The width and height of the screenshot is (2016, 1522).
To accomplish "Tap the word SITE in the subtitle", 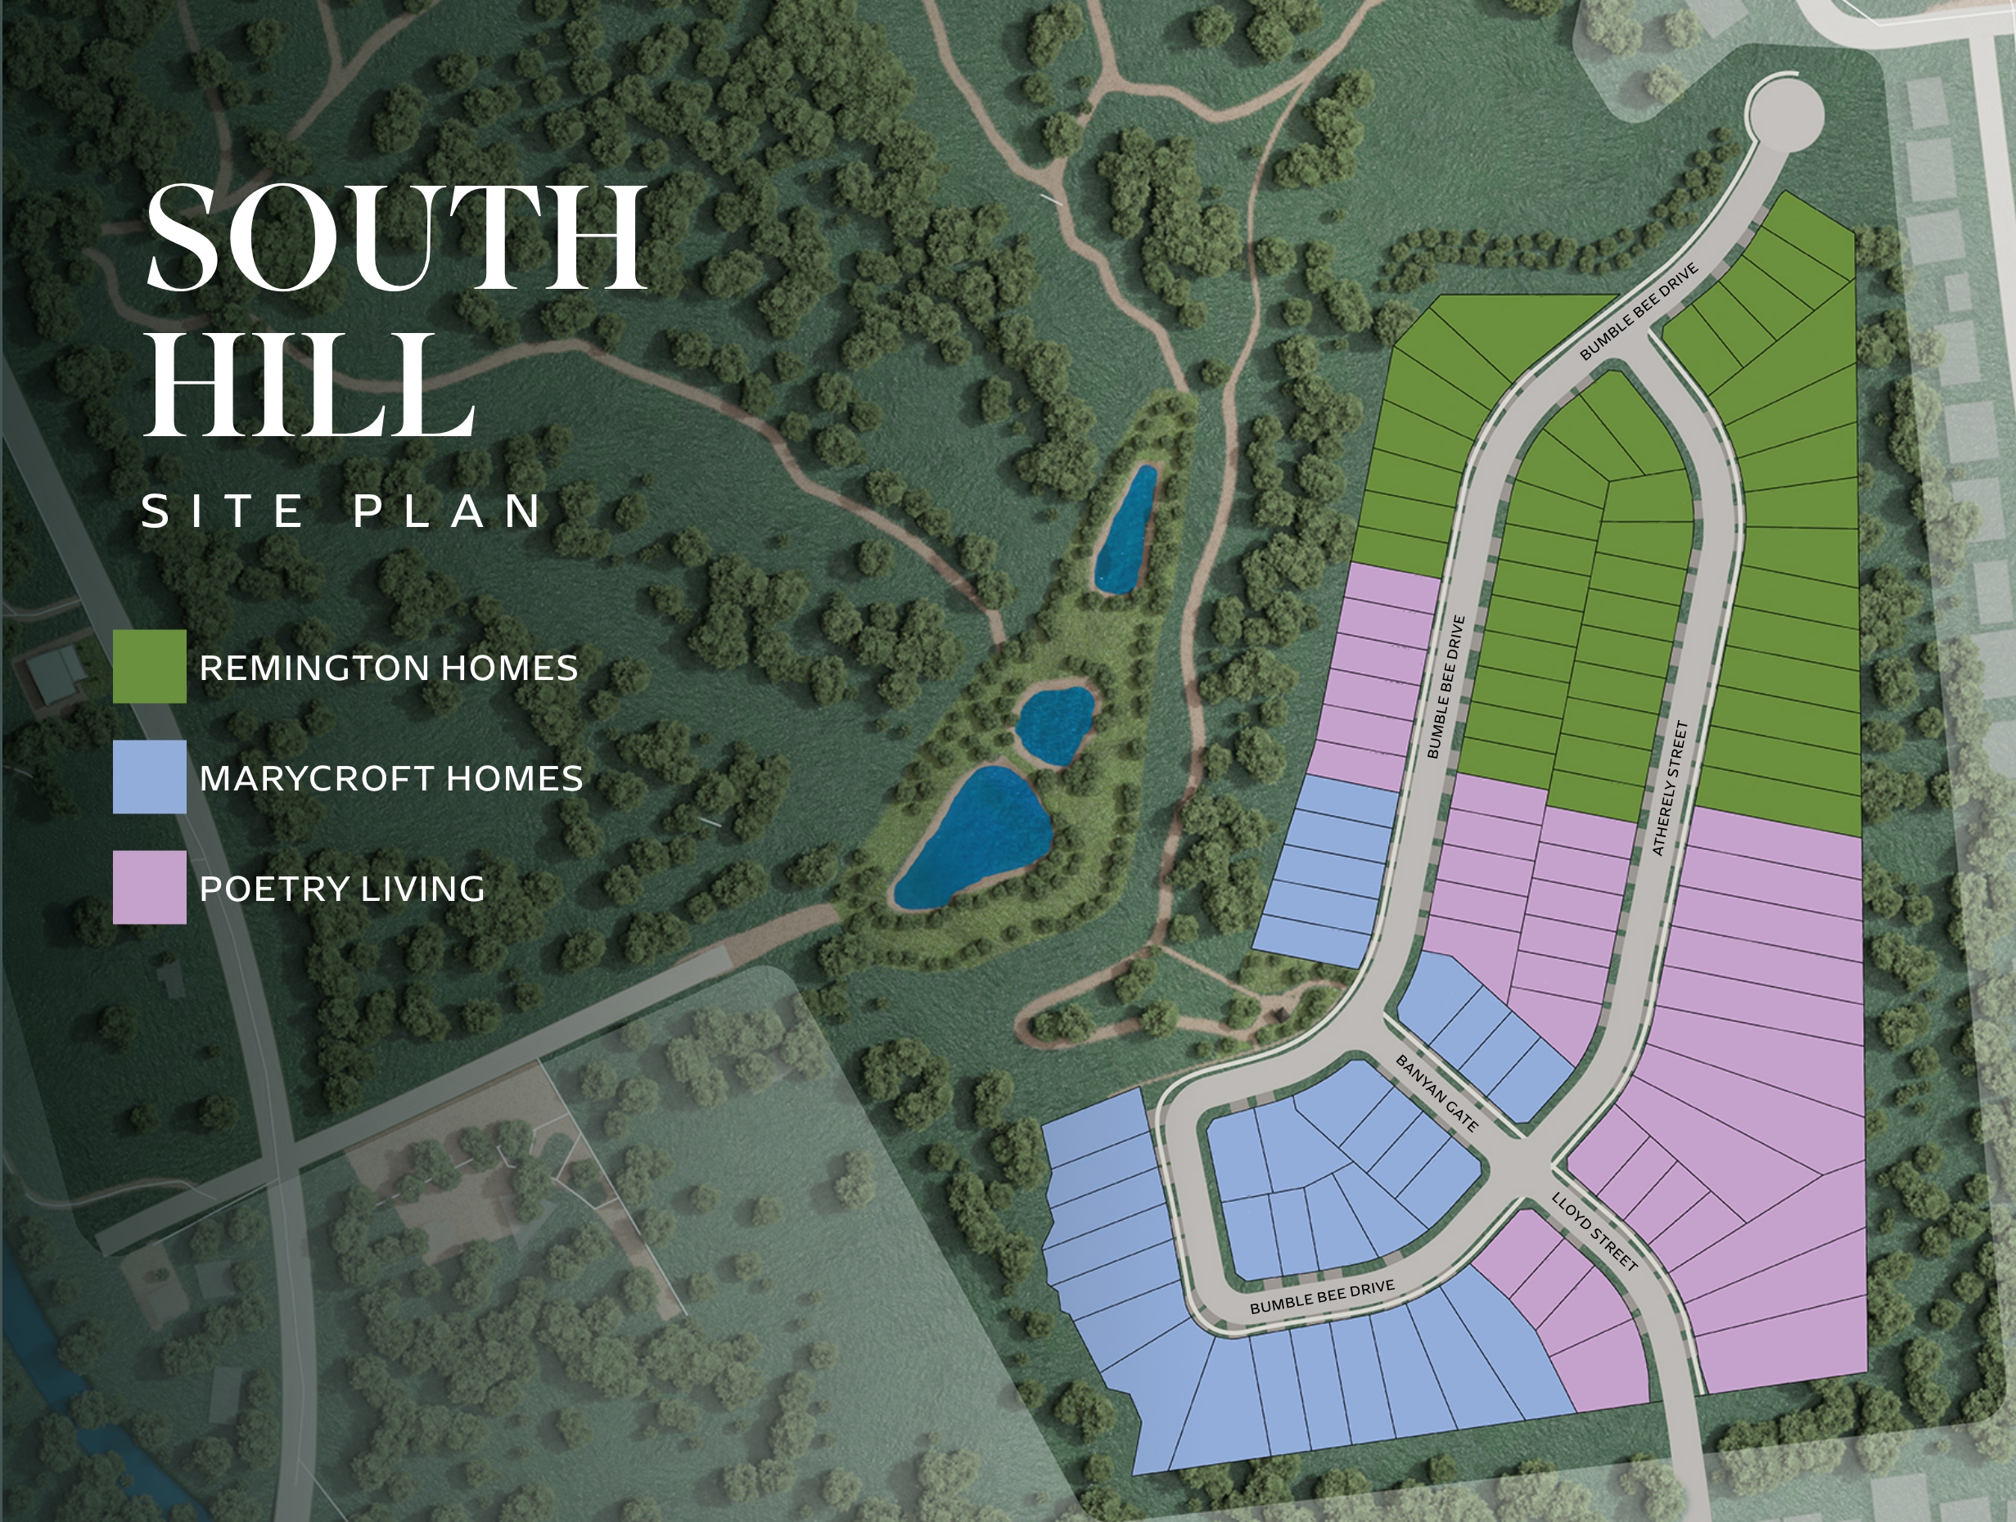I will click(224, 511).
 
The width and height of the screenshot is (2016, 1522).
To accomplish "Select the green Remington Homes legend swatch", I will click(150, 666).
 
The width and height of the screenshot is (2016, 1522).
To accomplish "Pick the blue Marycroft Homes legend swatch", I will click(150, 777).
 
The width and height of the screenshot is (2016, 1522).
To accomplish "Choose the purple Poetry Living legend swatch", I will click(150, 888).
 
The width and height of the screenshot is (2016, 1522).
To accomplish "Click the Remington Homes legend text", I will click(388, 668).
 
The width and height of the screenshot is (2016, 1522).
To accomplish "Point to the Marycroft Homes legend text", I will click(391, 778).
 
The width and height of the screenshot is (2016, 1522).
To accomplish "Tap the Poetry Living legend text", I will click(342, 889).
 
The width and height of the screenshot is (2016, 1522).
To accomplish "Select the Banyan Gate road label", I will click(1436, 1094).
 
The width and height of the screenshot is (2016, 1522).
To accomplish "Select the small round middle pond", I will click(1054, 724).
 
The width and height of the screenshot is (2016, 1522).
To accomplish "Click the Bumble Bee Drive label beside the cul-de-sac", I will click(1638, 312).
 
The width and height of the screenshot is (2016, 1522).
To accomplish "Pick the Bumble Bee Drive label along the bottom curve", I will click(1322, 1296).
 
